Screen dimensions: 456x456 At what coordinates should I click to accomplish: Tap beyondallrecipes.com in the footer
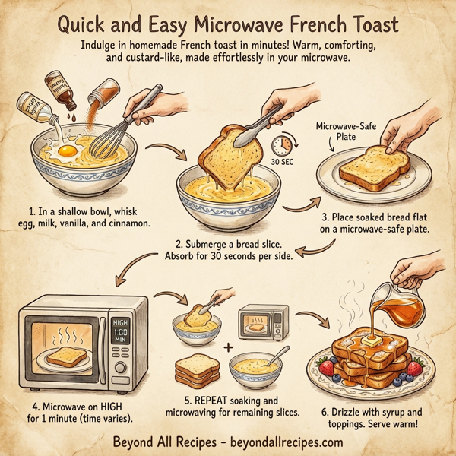[283, 441]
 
